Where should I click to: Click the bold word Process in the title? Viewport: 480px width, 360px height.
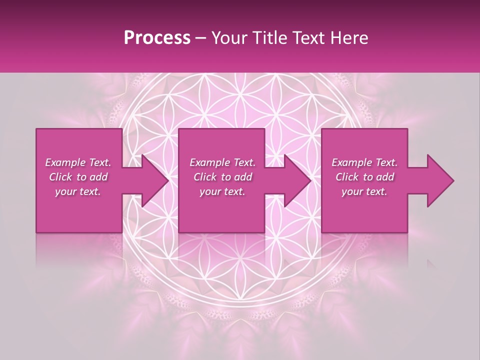157,38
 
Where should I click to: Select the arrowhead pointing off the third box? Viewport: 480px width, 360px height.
439,180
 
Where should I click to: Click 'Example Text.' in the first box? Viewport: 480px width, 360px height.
78,162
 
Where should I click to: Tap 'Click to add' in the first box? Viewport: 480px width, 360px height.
78,177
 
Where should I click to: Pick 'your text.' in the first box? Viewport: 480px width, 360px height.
78,191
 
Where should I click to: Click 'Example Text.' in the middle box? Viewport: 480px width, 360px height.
222,162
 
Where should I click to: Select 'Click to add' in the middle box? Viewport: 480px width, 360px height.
222,177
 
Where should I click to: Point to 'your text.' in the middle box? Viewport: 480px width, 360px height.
222,191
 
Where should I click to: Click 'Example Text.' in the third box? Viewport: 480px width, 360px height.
364,162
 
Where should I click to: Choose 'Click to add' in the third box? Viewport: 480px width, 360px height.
364,177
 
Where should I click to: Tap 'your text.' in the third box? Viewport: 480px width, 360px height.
364,191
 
